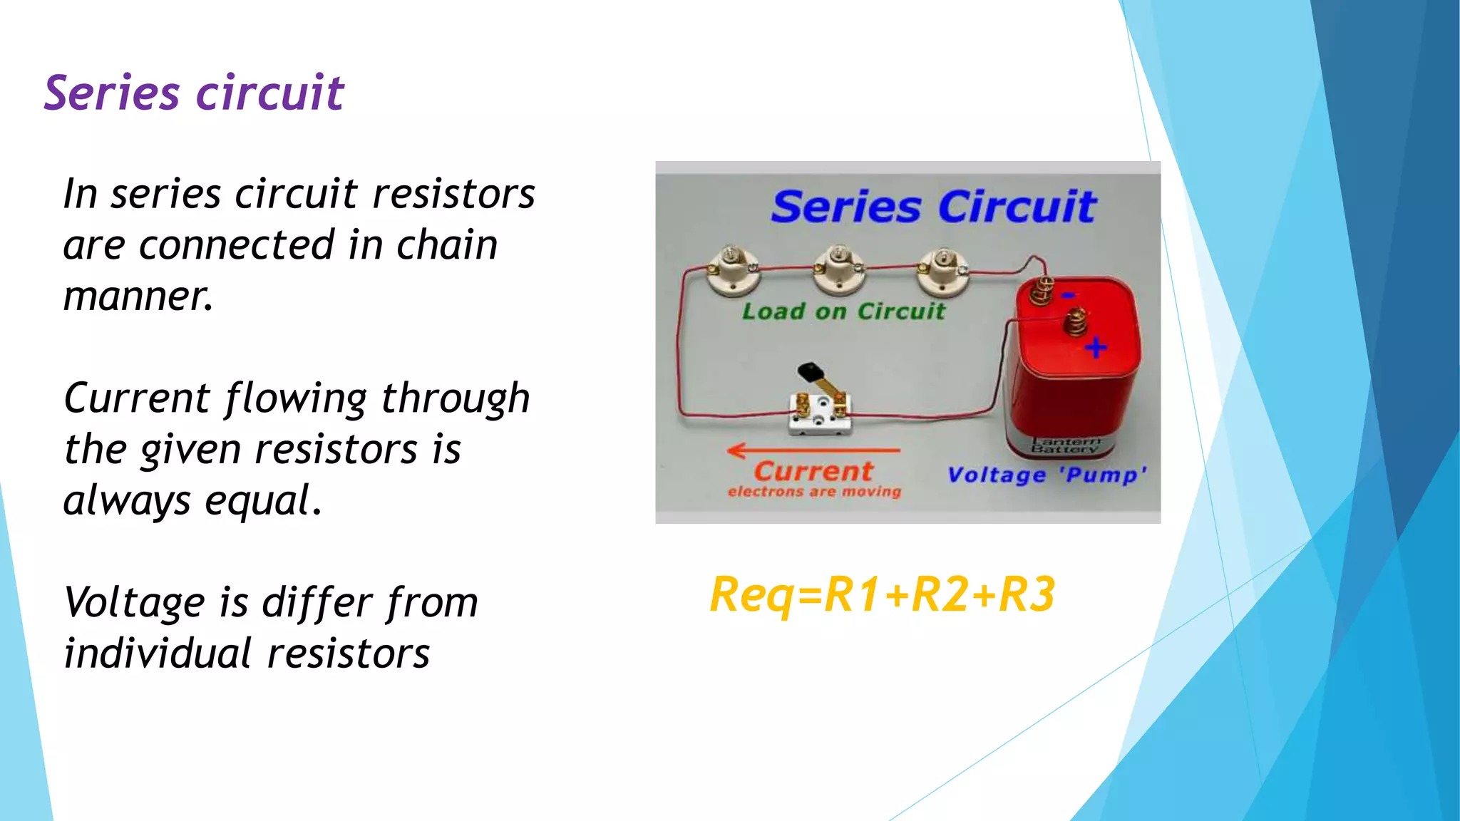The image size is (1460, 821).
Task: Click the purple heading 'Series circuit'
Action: tap(194, 93)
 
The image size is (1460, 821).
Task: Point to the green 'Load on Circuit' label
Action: tap(843, 311)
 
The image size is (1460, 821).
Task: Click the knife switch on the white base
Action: tap(820, 410)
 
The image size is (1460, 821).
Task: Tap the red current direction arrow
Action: tap(813, 450)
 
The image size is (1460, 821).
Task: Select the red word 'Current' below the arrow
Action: tap(813, 471)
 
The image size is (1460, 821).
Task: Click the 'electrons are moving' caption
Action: tap(814, 492)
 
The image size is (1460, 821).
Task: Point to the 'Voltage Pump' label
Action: tap(1047, 475)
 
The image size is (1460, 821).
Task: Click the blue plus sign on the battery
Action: tap(1096, 348)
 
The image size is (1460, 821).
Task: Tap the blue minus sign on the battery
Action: tap(1068, 295)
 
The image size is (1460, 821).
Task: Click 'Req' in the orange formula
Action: tap(751, 594)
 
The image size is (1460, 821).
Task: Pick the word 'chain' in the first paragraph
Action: tap(446, 246)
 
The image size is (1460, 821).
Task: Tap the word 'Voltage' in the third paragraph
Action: tap(135, 603)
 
